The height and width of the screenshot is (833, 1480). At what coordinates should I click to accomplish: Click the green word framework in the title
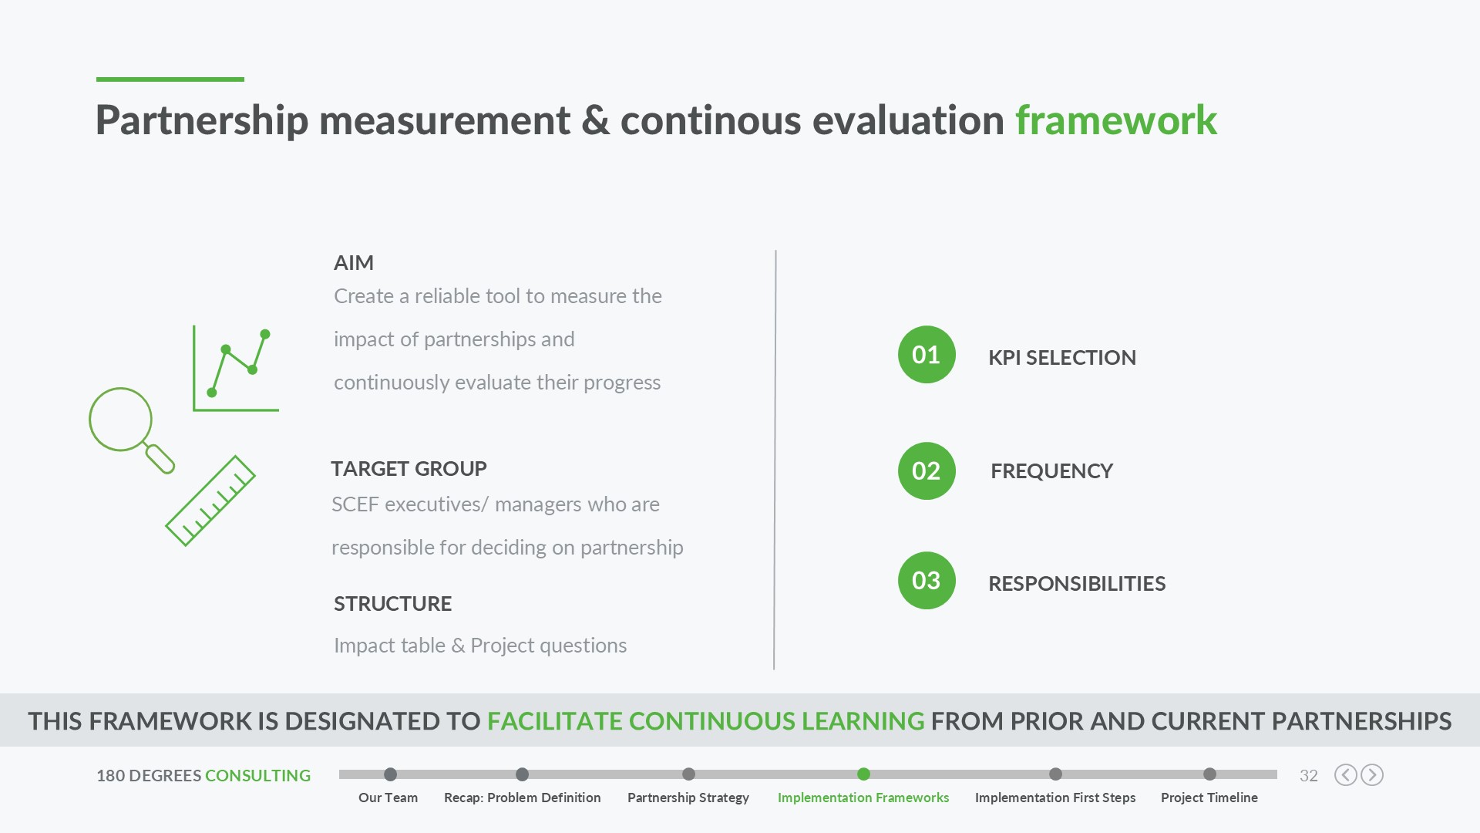1115,120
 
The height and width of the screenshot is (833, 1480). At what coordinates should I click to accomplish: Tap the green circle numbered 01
927,355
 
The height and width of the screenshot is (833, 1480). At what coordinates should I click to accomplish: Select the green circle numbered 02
927,470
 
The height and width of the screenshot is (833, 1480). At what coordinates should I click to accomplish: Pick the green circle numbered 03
927,581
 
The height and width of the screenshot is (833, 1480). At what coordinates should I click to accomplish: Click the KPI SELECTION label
1062,358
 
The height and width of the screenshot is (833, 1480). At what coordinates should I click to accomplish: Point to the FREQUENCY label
1051,471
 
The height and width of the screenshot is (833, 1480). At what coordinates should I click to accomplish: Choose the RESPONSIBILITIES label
1077,584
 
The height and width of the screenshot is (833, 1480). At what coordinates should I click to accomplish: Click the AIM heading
354,263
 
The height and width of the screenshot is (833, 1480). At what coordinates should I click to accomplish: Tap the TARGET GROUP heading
409,469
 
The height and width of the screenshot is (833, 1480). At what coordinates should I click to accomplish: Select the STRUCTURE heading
392,604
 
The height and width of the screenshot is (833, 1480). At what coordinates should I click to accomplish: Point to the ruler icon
210,501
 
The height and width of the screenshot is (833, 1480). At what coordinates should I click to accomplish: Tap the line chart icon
236,369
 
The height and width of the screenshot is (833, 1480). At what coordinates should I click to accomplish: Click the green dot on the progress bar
863,774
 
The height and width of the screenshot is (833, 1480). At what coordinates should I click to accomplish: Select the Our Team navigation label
388,798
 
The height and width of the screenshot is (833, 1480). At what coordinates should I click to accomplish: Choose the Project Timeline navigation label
1209,798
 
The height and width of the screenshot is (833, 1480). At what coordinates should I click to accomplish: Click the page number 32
1309,776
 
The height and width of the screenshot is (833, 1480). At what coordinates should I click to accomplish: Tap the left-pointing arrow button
1345,775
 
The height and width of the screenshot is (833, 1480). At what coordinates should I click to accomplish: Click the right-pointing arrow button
1372,775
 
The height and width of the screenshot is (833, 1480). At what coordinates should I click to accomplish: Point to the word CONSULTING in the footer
257,776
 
